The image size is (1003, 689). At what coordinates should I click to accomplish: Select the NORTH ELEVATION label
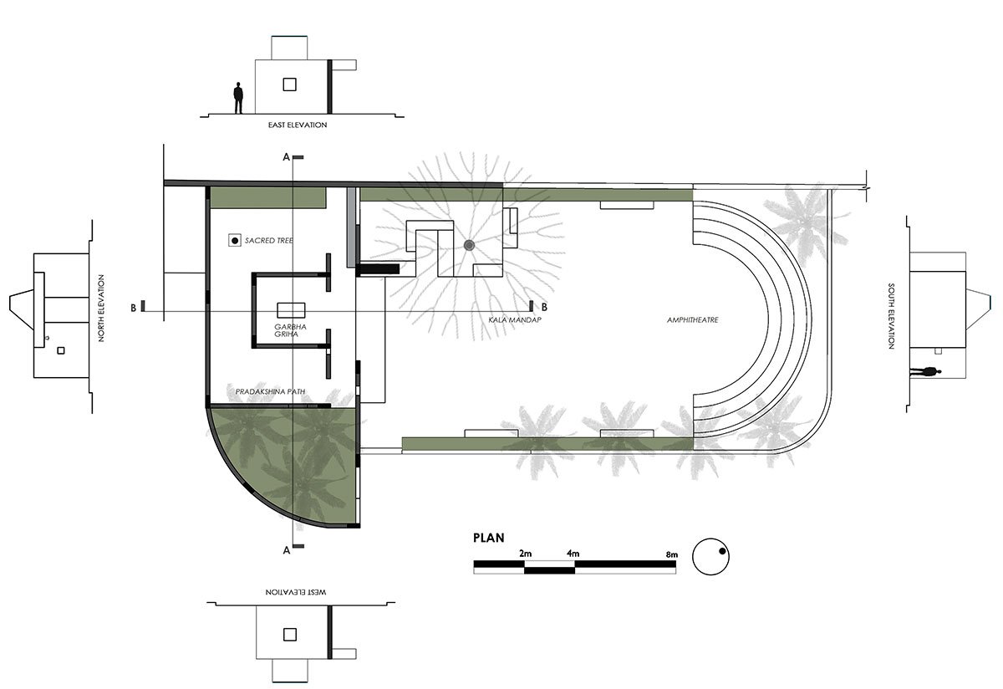pyautogui.click(x=101, y=309)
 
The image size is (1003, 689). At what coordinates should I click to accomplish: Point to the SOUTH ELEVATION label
pyautogui.click(x=893, y=309)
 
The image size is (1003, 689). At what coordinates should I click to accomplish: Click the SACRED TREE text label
pyautogui.click(x=268, y=241)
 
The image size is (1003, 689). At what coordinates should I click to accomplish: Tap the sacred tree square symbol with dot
pyautogui.click(x=235, y=241)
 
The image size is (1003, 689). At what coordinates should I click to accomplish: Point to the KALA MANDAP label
pyautogui.click(x=512, y=320)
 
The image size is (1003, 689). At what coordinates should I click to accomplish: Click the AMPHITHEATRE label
pyautogui.click(x=693, y=320)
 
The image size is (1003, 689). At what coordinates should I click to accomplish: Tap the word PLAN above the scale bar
pyautogui.click(x=489, y=538)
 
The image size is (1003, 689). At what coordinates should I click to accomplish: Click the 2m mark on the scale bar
pyautogui.click(x=525, y=554)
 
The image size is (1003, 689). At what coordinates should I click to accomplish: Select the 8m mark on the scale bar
pyautogui.click(x=672, y=554)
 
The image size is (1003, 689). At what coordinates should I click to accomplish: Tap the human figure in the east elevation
pyautogui.click(x=238, y=98)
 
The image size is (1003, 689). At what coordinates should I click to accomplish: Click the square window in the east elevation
pyautogui.click(x=290, y=84)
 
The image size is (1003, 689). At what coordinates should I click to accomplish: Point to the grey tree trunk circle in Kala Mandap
pyautogui.click(x=469, y=245)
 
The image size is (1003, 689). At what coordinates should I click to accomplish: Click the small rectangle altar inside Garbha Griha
pyautogui.click(x=291, y=308)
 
